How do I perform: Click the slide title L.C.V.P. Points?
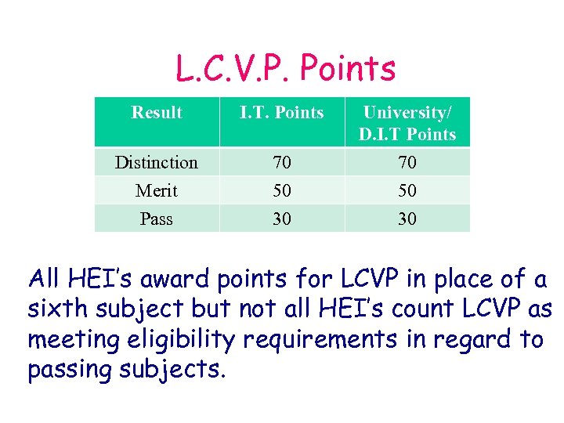(x=285, y=70)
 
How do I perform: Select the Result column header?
(x=157, y=113)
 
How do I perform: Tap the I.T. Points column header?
(x=281, y=113)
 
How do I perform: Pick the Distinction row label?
(x=157, y=163)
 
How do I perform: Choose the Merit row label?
(x=157, y=191)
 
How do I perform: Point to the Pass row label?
(x=157, y=219)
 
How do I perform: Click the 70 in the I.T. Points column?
(x=281, y=163)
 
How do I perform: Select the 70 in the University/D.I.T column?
(x=407, y=163)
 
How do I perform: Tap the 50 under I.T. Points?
(x=281, y=191)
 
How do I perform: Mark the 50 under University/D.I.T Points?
(x=407, y=191)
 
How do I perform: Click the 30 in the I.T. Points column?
(x=281, y=219)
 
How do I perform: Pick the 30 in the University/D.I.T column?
(x=407, y=219)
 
